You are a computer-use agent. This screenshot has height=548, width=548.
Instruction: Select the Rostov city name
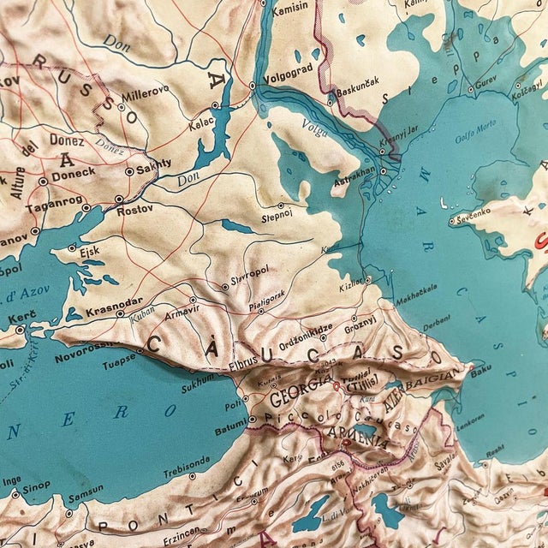pyautogui.click(x=136, y=209)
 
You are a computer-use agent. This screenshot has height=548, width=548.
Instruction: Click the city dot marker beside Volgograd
pyautogui.click(x=253, y=86)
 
